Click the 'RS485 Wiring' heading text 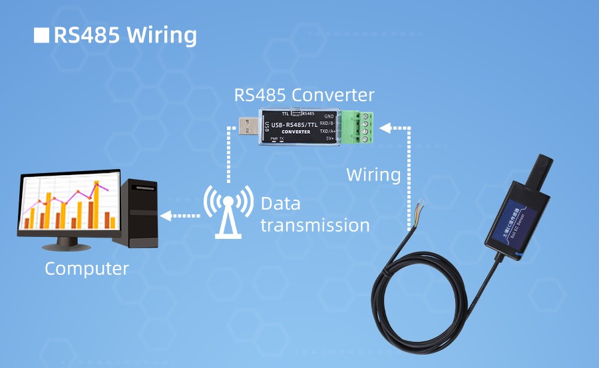pos(124,35)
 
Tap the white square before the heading pos(41,35)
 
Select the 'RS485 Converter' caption pos(304,94)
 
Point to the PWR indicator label pos(274,138)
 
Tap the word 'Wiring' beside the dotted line pos(373,175)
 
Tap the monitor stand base pos(66,246)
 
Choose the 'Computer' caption pos(87,269)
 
